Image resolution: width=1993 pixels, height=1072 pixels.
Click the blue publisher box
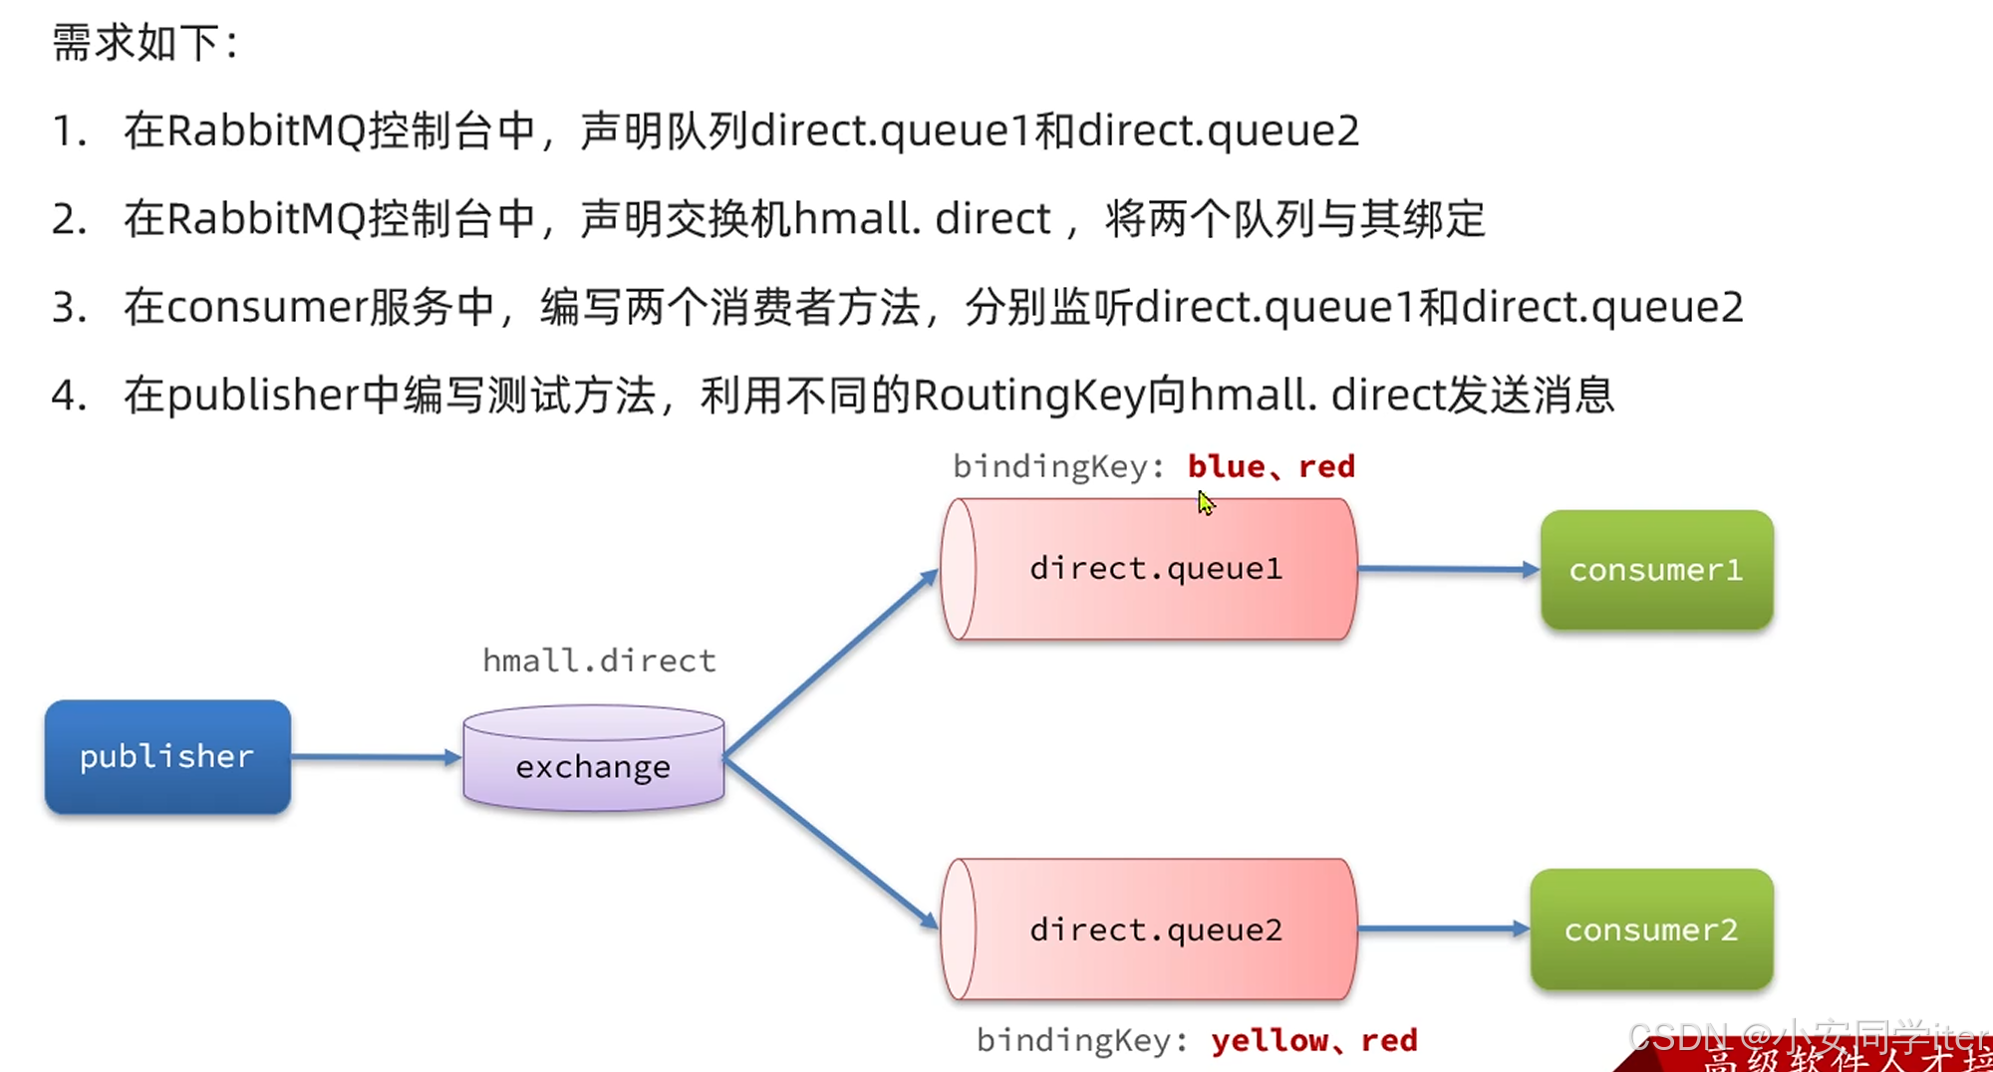[x=167, y=757]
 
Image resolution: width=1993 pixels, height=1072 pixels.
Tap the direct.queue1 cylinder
[x=1151, y=569]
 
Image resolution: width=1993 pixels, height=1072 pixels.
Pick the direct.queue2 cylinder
[x=1151, y=930]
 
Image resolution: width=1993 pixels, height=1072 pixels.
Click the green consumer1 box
[x=1656, y=570]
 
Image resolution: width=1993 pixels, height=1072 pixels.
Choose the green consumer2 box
[x=1651, y=930]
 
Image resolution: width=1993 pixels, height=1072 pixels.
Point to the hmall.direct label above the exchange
[x=599, y=661]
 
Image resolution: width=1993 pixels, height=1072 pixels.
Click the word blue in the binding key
[x=1226, y=466]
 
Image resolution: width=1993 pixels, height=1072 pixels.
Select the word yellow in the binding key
[x=1270, y=1040]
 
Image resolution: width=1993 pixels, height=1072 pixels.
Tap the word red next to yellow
[x=1389, y=1040]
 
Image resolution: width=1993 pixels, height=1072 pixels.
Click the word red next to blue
[x=1326, y=466]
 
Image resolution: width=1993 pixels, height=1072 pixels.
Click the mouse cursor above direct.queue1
[x=1206, y=503]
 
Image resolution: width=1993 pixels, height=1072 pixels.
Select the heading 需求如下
[x=144, y=43]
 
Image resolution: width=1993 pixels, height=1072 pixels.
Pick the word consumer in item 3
[x=267, y=307]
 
